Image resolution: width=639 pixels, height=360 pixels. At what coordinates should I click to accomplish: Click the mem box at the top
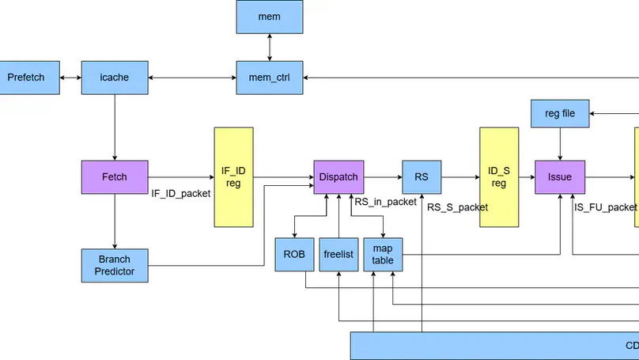[270, 17]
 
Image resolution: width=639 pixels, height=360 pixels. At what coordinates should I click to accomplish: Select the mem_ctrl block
[270, 78]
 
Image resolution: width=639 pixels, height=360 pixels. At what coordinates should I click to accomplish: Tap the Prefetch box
[26, 78]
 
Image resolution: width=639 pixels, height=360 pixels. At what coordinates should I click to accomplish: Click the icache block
[115, 78]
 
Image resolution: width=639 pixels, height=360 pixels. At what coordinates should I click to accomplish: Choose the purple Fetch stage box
[115, 177]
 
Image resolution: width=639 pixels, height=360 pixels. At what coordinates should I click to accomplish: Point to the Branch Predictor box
[115, 265]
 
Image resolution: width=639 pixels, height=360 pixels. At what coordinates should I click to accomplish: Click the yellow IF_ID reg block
[234, 177]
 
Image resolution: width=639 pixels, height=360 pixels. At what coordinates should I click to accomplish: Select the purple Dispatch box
[339, 177]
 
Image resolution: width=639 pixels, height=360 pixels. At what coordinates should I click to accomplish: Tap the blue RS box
[422, 177]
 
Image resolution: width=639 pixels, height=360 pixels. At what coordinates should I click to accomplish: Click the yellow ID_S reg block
[499, 177]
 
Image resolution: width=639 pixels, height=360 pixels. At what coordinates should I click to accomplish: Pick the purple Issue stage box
[560, 177]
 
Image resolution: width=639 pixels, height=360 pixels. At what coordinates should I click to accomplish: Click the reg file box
[560, 113]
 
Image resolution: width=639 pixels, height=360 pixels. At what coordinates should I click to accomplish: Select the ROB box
[294, 255]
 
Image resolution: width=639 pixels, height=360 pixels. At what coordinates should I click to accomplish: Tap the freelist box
[338, 255]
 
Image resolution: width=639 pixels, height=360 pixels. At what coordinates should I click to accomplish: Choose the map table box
[383, 255]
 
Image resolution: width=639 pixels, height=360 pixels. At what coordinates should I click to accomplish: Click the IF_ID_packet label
[181, 193]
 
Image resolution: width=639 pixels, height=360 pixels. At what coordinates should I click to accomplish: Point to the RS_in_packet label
[385, 202]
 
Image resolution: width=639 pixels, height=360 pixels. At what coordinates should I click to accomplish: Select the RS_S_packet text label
[457, 207]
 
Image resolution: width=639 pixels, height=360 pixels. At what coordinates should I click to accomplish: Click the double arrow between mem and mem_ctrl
[270, 47]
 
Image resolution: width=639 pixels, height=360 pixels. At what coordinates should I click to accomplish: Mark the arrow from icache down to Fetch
[115, 127]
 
